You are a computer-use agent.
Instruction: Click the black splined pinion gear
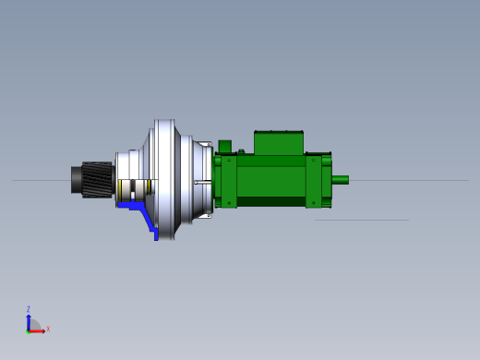[x=97, y=180]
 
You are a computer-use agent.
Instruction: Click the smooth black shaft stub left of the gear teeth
[x=77, y=180]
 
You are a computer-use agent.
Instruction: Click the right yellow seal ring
[x=149, y=186]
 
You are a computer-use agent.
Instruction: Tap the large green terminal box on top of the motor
[x=279, y=143]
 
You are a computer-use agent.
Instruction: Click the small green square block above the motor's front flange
[x=225, y=147]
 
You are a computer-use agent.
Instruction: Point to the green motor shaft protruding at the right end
[x=340, y=180]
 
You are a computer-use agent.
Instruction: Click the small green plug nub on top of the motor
[x=241, y=151]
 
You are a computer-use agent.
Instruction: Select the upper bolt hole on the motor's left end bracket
[x=229, y=161]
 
